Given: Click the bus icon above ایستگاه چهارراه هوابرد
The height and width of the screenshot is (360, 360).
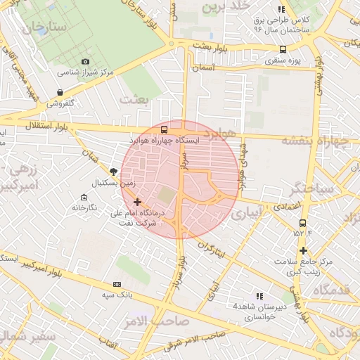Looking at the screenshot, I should (164, 129).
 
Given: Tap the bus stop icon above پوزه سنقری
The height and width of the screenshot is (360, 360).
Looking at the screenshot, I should (283, 49).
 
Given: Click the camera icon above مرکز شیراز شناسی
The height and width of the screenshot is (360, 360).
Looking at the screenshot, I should (86, 62).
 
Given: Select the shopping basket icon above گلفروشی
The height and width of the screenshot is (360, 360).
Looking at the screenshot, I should (60, 92).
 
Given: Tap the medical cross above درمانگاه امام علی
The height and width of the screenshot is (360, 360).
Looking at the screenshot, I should (137, 202).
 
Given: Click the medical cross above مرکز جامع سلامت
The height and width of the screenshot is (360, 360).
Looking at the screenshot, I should (303, 251).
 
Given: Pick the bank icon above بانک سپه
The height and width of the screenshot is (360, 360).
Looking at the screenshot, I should (117, 284).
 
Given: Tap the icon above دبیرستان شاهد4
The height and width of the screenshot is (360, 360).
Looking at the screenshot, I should (259, 296).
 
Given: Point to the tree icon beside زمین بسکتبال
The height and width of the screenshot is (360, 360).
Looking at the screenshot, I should (113, 172).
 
